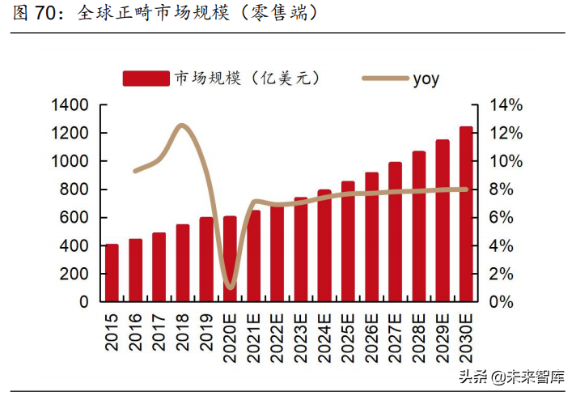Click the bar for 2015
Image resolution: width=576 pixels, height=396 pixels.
[112, 273]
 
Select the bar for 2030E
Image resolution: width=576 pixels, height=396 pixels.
[465, 214]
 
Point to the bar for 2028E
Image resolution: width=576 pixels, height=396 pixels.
[418, 227]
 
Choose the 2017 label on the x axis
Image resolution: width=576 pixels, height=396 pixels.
[159, 327]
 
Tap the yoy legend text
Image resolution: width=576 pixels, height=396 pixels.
[426, 79]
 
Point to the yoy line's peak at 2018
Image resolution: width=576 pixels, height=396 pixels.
[182, 126]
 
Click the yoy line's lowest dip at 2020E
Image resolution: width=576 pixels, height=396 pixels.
[230, 287]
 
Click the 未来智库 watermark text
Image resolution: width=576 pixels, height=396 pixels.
[535, 377]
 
